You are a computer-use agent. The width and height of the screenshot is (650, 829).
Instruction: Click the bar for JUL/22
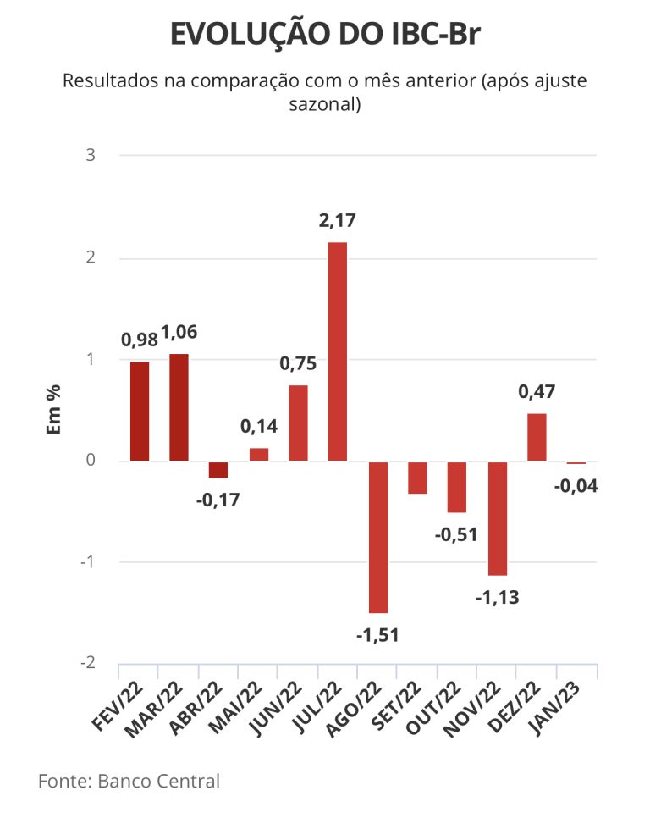[x=338, y=351]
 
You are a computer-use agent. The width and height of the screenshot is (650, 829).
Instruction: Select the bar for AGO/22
[x=377, y=537]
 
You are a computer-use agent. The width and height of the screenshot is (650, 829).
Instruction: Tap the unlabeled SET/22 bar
[x=417, y=478]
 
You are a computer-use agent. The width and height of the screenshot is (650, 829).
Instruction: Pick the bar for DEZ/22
[x=537, y=437]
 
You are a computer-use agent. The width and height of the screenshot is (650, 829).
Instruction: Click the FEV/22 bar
[x=140, y=412]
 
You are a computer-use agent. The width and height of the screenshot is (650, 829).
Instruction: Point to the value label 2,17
[x=338, y=222]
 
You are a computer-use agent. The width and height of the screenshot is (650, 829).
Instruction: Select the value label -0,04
[x=576, y=486]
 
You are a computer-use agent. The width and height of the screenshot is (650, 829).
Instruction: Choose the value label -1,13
[x=496, y=597]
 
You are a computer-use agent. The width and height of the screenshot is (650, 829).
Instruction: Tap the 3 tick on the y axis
[x=91, y=156]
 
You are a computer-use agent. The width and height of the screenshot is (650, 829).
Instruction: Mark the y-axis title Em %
[x=52, y=410]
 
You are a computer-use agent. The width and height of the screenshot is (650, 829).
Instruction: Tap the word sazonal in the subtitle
[x=324, y=106]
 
